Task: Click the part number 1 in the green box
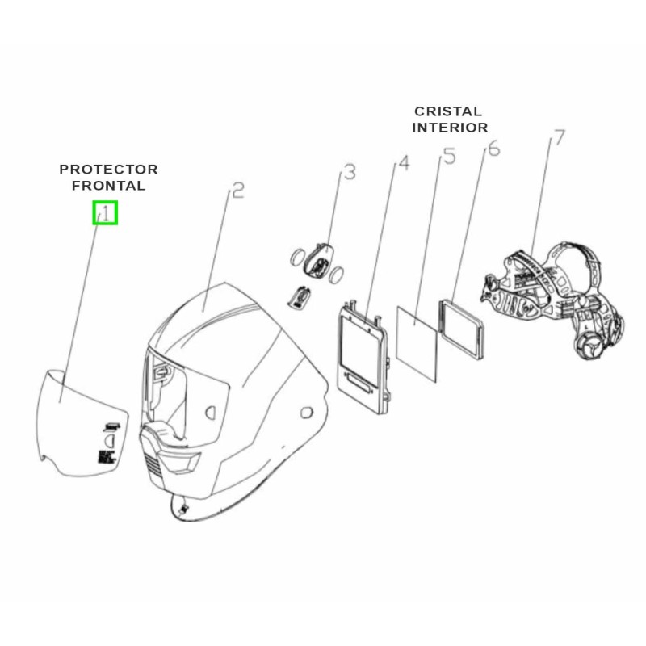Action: [x=105, y=213]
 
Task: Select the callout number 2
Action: [x=237, y=191]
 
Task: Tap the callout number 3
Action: [x=350, y=172]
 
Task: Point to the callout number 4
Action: [x=404, y=163]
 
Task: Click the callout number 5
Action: [x=449, y=155]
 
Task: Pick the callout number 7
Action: [x=556, y=139]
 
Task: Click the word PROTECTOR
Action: [x=108, y=170]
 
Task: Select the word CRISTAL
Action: [x=448, y=111]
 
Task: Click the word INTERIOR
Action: [x=450, y=127]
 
